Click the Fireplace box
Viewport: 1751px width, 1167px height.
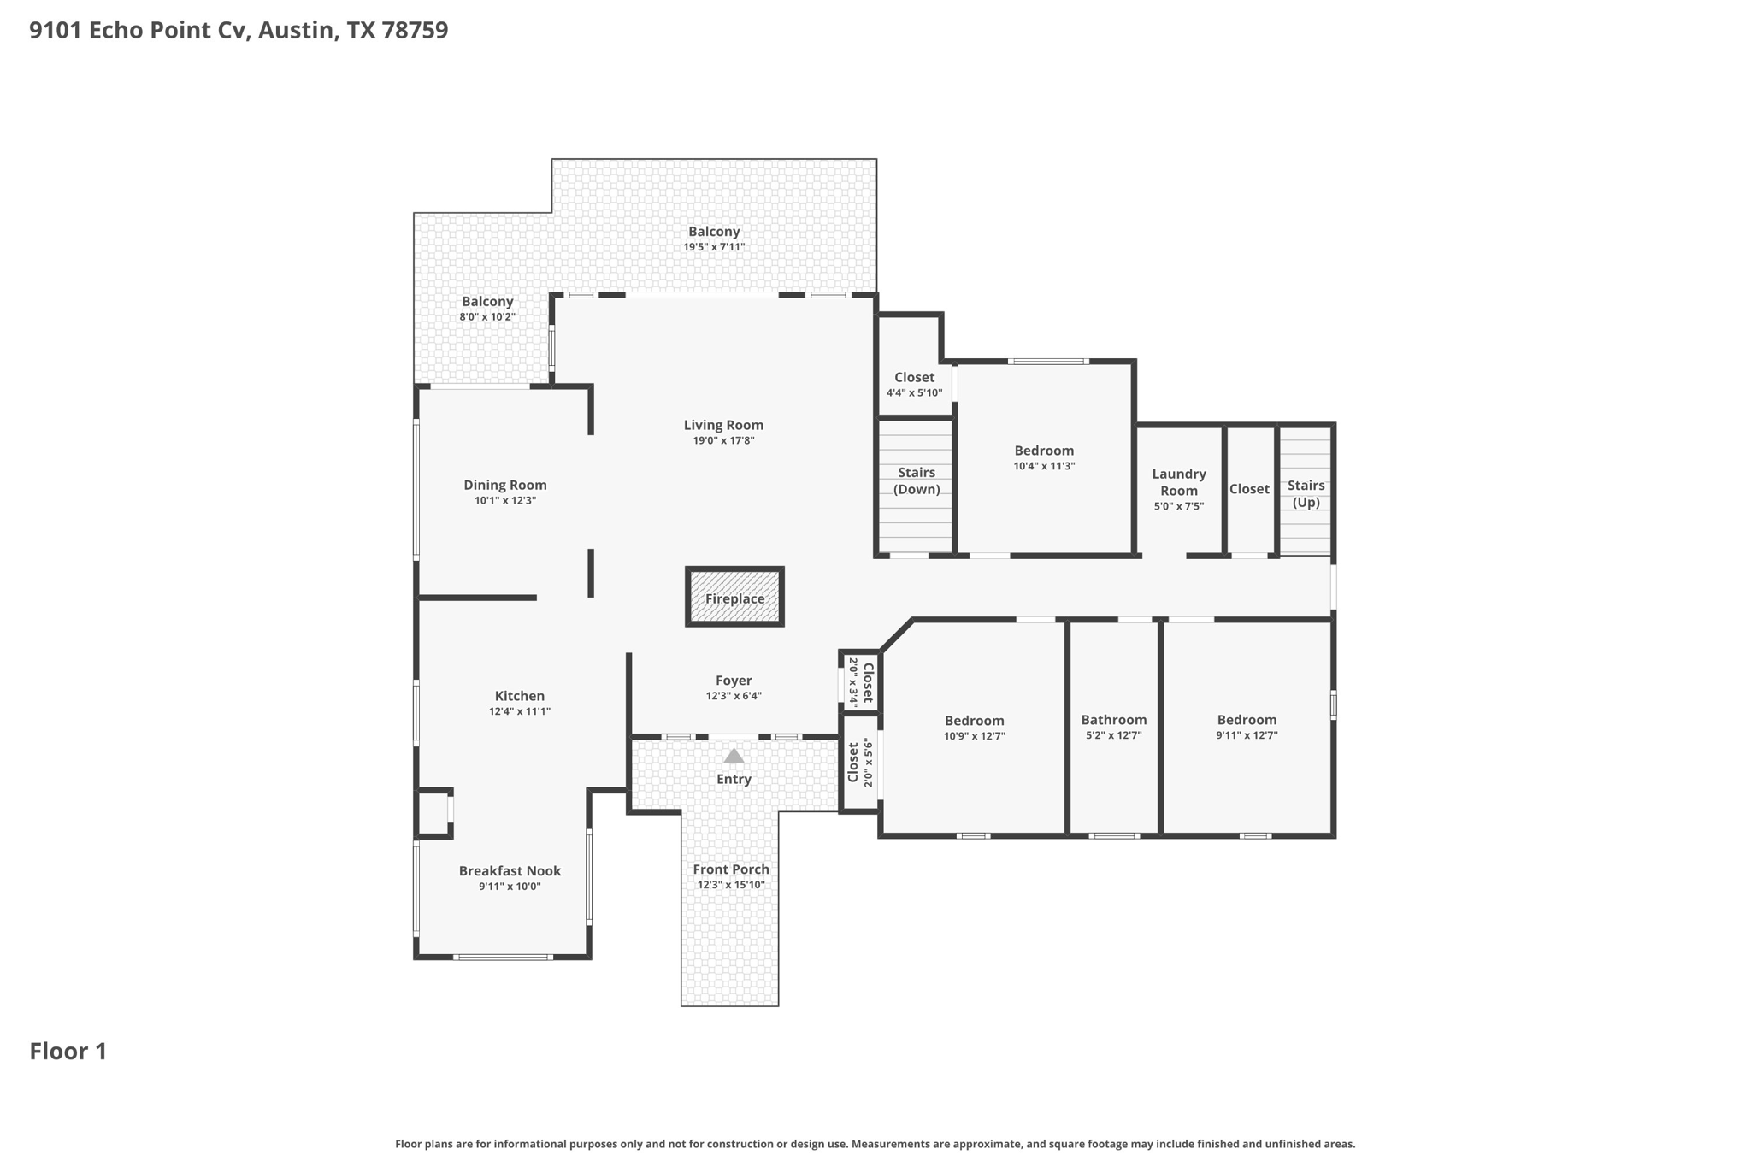pyautogui.click(x=734, y=597)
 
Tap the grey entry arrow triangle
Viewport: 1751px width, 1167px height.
pyautogui.click(x=734, y=756)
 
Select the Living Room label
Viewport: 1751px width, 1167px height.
pyautogui.click(x=723, y=425)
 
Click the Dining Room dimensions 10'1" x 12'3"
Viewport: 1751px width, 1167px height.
pyautogui.click(x=505, y=501)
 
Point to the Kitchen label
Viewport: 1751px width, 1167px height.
pyautogui.click(x=519, y=696)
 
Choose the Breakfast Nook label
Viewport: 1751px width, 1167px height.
pyautogui.click(x=510, y=870)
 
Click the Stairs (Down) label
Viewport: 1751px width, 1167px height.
pyautogui.click(x=917, y=480)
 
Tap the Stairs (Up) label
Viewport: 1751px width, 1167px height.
pyautogui.click(x=1306, y=493)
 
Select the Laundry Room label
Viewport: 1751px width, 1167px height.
pyautogui.click(x=1178, y=482)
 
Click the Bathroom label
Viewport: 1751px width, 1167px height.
pyautogui.click(x=1113, y=720)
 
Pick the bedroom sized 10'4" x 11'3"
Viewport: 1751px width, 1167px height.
pyautogui.click(x=1044, y=457)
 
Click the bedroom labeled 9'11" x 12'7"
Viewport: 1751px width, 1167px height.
pyautogui.click(x=1247, y=727)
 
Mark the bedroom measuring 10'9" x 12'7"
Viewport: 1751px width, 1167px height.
pyautogui.click(x=974, y=728)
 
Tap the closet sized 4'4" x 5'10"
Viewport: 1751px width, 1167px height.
pyautogui.click(x=914, y=384)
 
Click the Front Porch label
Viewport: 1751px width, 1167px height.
pyautogui.click(x=731, y=869)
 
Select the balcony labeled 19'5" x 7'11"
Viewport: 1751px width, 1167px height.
pyautogui.click(x=714, y=238)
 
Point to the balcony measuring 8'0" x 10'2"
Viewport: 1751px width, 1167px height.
pyautogui.click(x=487, y=308)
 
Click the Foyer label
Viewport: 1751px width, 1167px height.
pyautogui.click(x=734, y=681)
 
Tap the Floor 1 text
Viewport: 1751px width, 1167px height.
pyautogui.click(x=68, y=1052)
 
